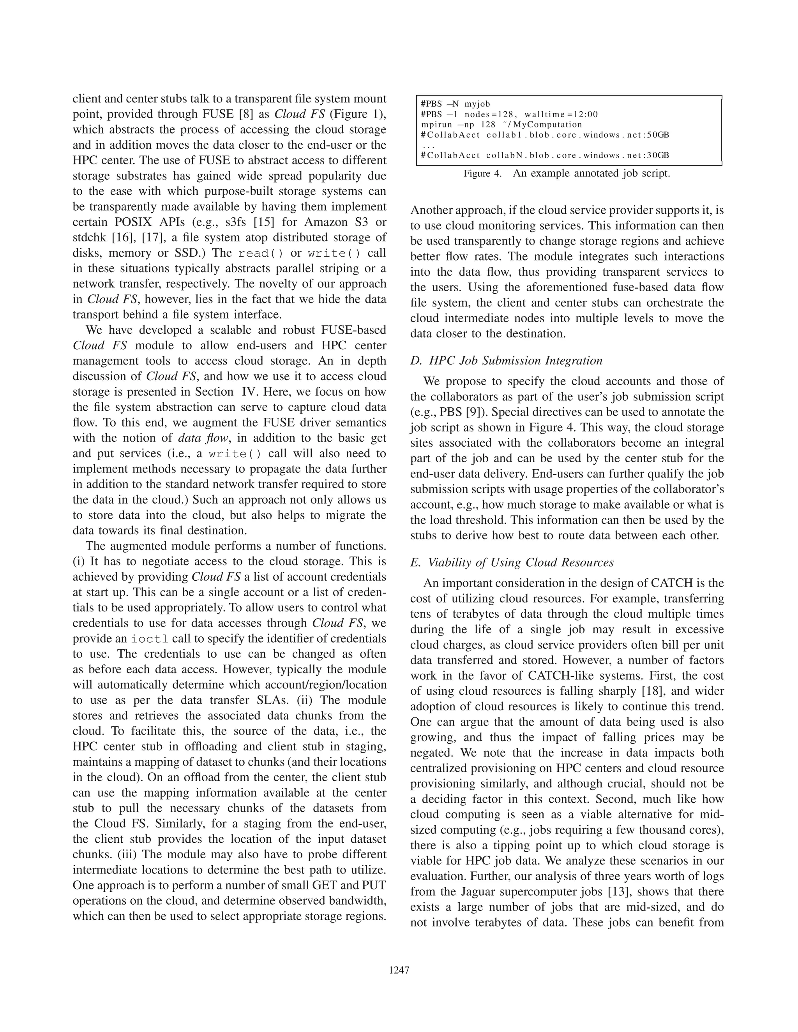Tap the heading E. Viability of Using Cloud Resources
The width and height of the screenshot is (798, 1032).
512,562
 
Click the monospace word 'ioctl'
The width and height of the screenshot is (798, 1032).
150,639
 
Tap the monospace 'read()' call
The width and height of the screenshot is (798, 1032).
261,253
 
